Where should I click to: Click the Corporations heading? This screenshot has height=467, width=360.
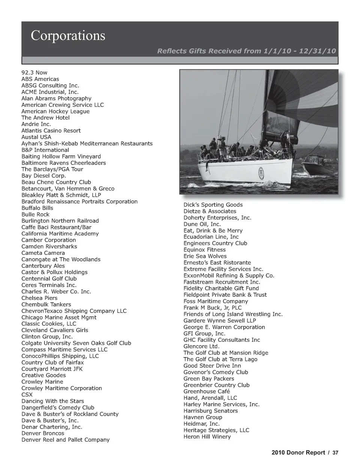[68, 36]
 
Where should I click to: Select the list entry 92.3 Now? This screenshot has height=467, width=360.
[34, 72]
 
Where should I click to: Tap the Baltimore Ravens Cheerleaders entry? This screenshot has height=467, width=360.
[63, 163]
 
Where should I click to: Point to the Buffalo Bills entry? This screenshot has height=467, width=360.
[37, 208]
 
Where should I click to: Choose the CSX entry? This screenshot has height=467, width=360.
[27, 395]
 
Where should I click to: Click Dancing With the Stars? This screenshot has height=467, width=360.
[52, 401]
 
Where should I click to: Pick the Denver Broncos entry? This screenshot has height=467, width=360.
[43, 433]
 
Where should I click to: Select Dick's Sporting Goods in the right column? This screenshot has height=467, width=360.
[213, 205]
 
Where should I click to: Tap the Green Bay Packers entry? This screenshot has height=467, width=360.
[208, 379]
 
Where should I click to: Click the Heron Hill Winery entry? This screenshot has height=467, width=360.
[207, 437]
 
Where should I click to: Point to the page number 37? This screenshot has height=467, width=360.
[335, 453]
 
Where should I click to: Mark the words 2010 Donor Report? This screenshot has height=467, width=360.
[298, 453]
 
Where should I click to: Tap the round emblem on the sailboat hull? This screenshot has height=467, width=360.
[260, 172]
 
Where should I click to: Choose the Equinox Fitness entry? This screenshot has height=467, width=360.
[204, 250]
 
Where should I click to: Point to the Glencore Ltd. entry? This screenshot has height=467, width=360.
[201, 346]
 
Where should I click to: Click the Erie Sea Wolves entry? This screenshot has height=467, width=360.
[205, 256]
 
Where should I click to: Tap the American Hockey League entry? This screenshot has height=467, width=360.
[55, 111]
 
